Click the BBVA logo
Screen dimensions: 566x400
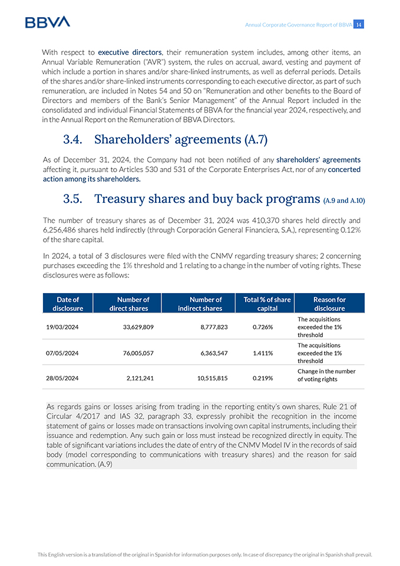(47, 22)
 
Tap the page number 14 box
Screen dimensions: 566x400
(359, 24)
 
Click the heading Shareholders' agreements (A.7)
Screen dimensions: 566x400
(165, 139)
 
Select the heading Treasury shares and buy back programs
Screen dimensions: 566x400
(191, 198)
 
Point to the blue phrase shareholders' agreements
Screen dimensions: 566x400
(318, 159)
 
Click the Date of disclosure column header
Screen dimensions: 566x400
(68, 304)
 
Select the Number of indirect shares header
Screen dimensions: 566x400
(200, 304)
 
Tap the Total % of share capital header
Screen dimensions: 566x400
(267, 304)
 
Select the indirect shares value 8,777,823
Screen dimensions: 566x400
(211, 327)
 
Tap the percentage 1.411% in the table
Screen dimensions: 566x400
(262, 353)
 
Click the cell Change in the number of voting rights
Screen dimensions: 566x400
(326, 376)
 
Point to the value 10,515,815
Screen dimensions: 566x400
(211, 379)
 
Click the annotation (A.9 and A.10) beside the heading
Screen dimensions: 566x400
(344, 200)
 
